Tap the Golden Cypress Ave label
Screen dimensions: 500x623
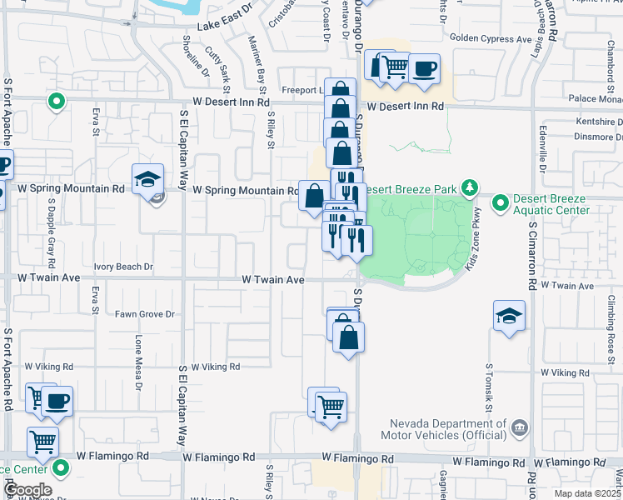(490, 38)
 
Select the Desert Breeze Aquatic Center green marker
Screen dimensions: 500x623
(500, 202)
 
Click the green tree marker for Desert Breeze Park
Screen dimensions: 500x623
(470, 187)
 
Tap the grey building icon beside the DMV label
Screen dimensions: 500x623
(520, 428)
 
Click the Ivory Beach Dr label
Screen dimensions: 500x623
(123, 267)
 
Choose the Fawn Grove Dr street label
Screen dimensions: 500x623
(144, 314)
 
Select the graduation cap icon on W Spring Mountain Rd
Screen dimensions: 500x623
(147, 179)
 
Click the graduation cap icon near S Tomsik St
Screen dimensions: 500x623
(509, 316)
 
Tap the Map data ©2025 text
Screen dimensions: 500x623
(586, 492)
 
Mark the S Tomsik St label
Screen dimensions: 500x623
(488, 387)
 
